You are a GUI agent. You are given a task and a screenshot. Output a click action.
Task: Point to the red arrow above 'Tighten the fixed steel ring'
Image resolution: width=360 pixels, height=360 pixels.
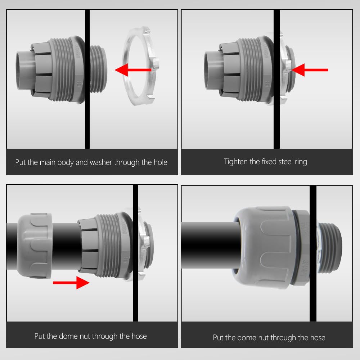pyautogui.click(x=309, y=70)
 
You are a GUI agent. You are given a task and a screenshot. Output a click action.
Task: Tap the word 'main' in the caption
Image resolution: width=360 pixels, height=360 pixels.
pyautogui.click(x=48, y=162)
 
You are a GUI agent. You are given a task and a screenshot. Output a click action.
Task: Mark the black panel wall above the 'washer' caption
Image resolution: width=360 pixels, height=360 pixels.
pyautogui.click(x=87, y=108)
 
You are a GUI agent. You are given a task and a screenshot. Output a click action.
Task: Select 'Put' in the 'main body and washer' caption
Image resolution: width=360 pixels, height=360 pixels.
pyautogui.click(x=21, y=162)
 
